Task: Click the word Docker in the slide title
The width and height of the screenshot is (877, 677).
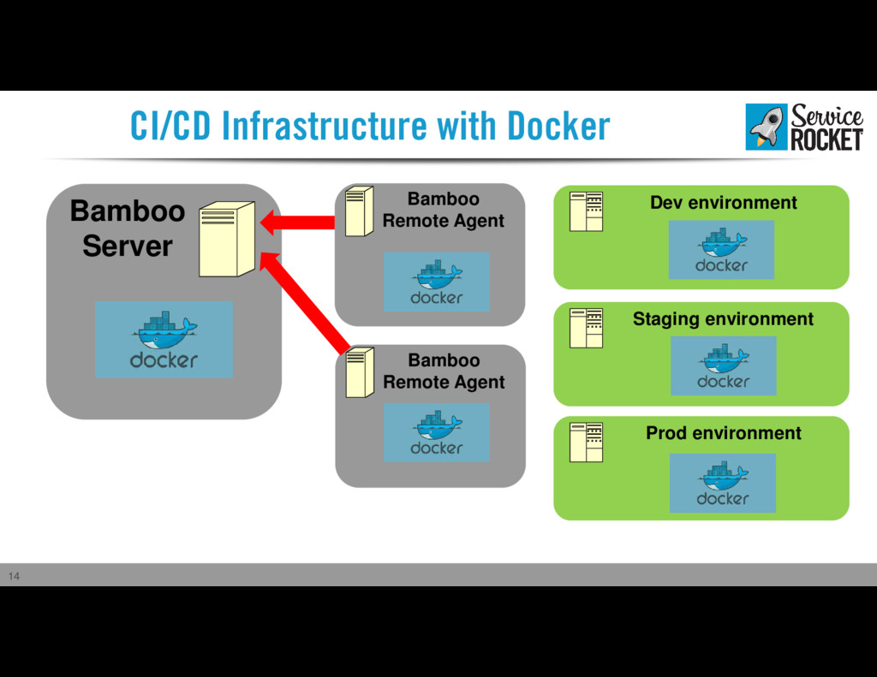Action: pos(558,126)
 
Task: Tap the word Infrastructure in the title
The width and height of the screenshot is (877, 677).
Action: pos(325,126)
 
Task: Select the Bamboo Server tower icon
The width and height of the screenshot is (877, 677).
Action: pos(227,240)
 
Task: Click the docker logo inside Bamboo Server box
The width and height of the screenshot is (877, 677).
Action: pos(164,339)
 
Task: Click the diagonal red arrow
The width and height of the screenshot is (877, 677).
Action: pos(305,302)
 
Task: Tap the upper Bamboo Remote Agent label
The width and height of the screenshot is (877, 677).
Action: pos(443,210)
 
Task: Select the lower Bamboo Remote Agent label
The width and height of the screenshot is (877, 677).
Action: pos(444,371)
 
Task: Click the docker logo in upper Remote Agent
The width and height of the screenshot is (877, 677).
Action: pos(436,282)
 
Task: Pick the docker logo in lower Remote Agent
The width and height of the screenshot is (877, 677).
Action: pos(436,432)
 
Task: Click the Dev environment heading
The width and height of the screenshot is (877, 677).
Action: pos(723,202)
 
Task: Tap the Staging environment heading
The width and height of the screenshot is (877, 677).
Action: pos(723,318)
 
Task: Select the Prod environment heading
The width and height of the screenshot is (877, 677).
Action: pos(723,433)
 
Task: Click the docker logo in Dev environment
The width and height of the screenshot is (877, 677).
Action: pos(721,249)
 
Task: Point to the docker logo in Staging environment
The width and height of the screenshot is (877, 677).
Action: pos(723,365)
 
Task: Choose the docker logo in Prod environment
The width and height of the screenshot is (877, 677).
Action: pos(723,483)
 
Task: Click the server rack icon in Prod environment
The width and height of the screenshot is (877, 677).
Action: pos(586,442)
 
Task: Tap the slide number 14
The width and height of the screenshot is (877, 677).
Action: pos(14,576)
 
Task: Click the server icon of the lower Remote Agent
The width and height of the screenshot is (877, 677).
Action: pos(360,372)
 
